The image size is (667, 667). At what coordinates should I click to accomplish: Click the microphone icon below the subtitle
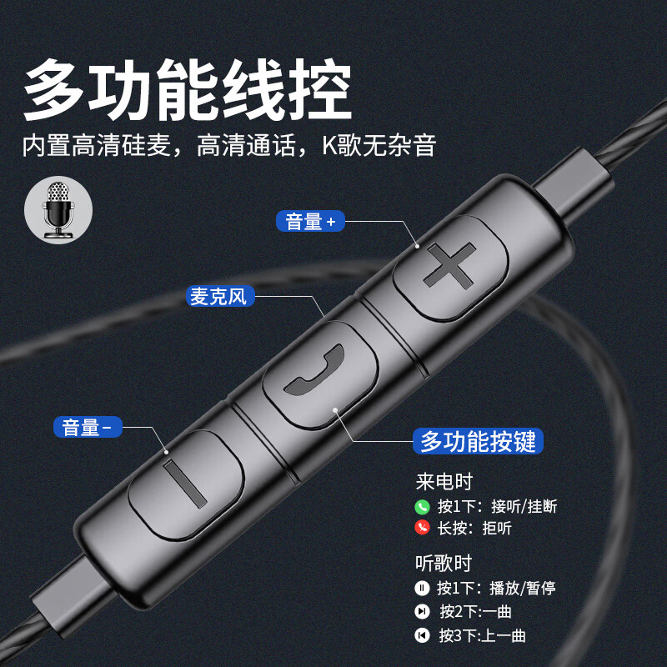(x=57, y=210)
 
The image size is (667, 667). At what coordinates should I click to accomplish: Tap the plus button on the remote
(x=450, y=268)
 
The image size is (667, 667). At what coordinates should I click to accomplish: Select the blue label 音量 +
(x=309, y=221)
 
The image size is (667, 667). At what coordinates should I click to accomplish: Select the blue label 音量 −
(x=88, y=428)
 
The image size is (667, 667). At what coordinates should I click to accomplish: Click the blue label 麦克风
(x=218, y=296)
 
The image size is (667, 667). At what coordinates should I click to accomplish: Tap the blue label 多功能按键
(x=479, y=441)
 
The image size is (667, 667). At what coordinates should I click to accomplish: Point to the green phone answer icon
(x=422, y=506)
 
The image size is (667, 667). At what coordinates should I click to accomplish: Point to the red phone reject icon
(x=422, y=528)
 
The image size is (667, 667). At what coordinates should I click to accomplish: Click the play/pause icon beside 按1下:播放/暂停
(x=422, y=589)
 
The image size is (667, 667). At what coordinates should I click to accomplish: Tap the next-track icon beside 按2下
(x=422, y=612)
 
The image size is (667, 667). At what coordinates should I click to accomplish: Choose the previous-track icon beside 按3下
(x=422, y=635)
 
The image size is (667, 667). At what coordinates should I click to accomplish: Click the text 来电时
(x=444, y=483)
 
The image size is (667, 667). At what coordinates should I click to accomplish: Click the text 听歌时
(x=444, y=563)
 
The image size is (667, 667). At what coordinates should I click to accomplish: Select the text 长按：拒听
(x=474, y=528)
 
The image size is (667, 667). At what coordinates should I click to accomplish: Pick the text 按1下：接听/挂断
(x=497, y=506)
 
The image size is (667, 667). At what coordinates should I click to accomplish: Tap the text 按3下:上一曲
(x=483, y=635)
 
